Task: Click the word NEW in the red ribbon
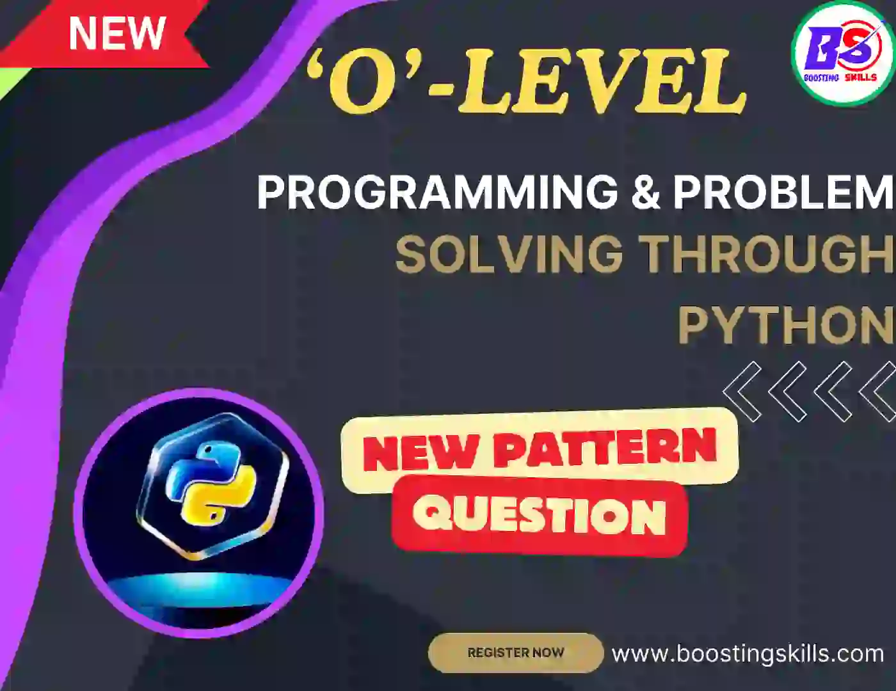116,33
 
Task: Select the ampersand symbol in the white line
645,191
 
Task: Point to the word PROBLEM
782,191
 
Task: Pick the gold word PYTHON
786,325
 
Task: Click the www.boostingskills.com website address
748,653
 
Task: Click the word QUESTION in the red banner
539,515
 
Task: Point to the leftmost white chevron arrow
743,391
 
